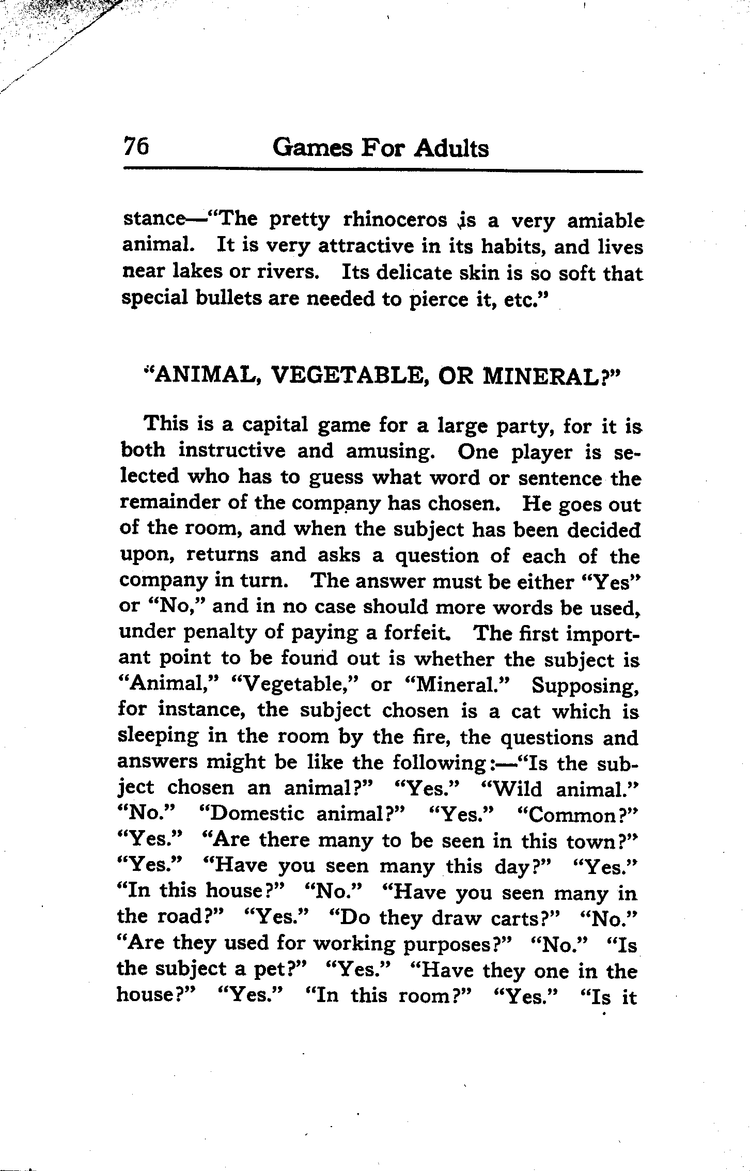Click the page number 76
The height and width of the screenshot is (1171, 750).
136,148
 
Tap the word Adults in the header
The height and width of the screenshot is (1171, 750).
451,148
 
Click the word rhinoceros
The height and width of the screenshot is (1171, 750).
395,221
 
